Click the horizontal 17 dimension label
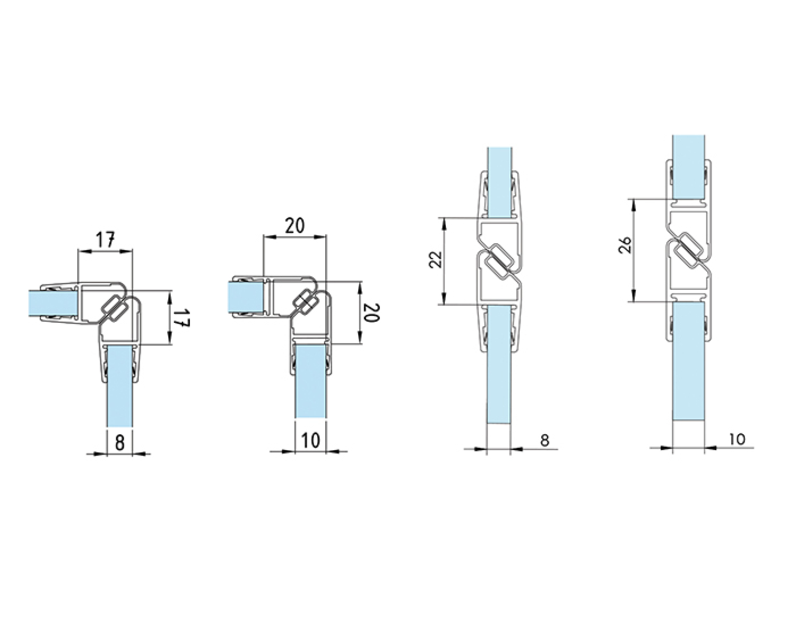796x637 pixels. (106, 240)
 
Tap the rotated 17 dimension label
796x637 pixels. (181, 318)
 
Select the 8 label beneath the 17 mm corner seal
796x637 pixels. (119, 443)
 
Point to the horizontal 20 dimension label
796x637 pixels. (295, 226)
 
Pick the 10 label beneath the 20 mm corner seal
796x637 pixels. (310, 441)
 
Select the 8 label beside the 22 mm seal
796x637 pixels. (544, 440)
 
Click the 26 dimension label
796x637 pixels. (625, 245)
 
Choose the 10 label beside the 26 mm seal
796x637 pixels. (737, 439)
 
